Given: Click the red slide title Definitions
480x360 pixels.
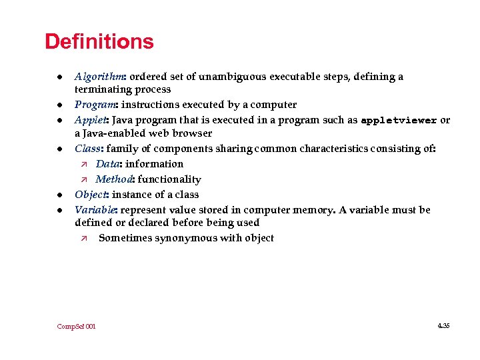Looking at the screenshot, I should coord(99,42).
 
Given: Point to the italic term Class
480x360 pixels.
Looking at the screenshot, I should coord(88,149).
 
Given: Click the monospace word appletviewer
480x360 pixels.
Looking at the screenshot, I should coord(399,121).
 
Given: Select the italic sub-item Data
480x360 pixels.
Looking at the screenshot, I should coord(107,164).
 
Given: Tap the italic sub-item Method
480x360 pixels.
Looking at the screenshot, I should coord(112,179).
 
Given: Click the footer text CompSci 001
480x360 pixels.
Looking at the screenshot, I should coord(76,326).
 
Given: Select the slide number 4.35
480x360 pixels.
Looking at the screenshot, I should coord(443,325).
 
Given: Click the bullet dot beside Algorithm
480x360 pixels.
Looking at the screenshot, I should coord(59,77).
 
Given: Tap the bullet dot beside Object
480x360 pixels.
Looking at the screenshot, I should coord(59,195).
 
